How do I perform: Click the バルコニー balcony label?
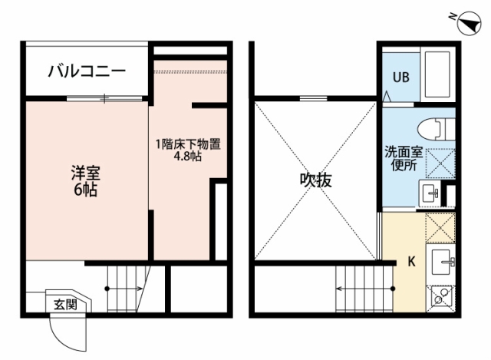coord(87,71)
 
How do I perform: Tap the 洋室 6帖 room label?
coord(85,181)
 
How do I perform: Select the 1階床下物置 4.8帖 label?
coord(188,150)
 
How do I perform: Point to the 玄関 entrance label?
coord(65,304)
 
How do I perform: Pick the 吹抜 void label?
coord(315,180)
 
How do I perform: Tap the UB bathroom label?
coord(401,77)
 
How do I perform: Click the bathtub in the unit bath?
coord(437,74)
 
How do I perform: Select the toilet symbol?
coord(437,129)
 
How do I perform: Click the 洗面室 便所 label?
coord(404,159)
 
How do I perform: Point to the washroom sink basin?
coord(430,193)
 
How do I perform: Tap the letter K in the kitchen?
coord(411,261)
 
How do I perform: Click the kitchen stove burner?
coord(440,296)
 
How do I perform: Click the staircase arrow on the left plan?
coord(124,289)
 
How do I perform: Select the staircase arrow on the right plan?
coord(365,289)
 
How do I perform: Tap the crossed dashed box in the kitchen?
coord(440,228)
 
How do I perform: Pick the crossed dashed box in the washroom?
coord(440,163)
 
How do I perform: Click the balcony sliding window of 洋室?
coord(104,98)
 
